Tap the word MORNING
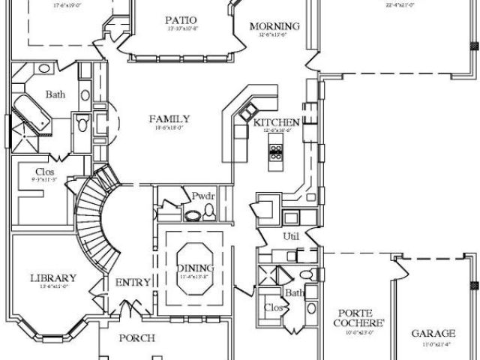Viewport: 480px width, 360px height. point(275,26)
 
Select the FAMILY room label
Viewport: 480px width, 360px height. point(169,118)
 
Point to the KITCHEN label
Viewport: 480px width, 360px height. point(277,122)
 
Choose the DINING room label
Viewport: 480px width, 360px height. point(195,268)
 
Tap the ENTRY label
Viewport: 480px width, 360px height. point(133,282)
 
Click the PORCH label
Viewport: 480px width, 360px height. point(137,338)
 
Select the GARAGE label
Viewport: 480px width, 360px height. point(433,333)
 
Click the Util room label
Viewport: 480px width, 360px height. point(290,236)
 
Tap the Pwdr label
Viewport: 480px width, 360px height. point(203,197)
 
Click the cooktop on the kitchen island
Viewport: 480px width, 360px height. point(275,155)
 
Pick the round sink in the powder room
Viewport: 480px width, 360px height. point(191,216)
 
